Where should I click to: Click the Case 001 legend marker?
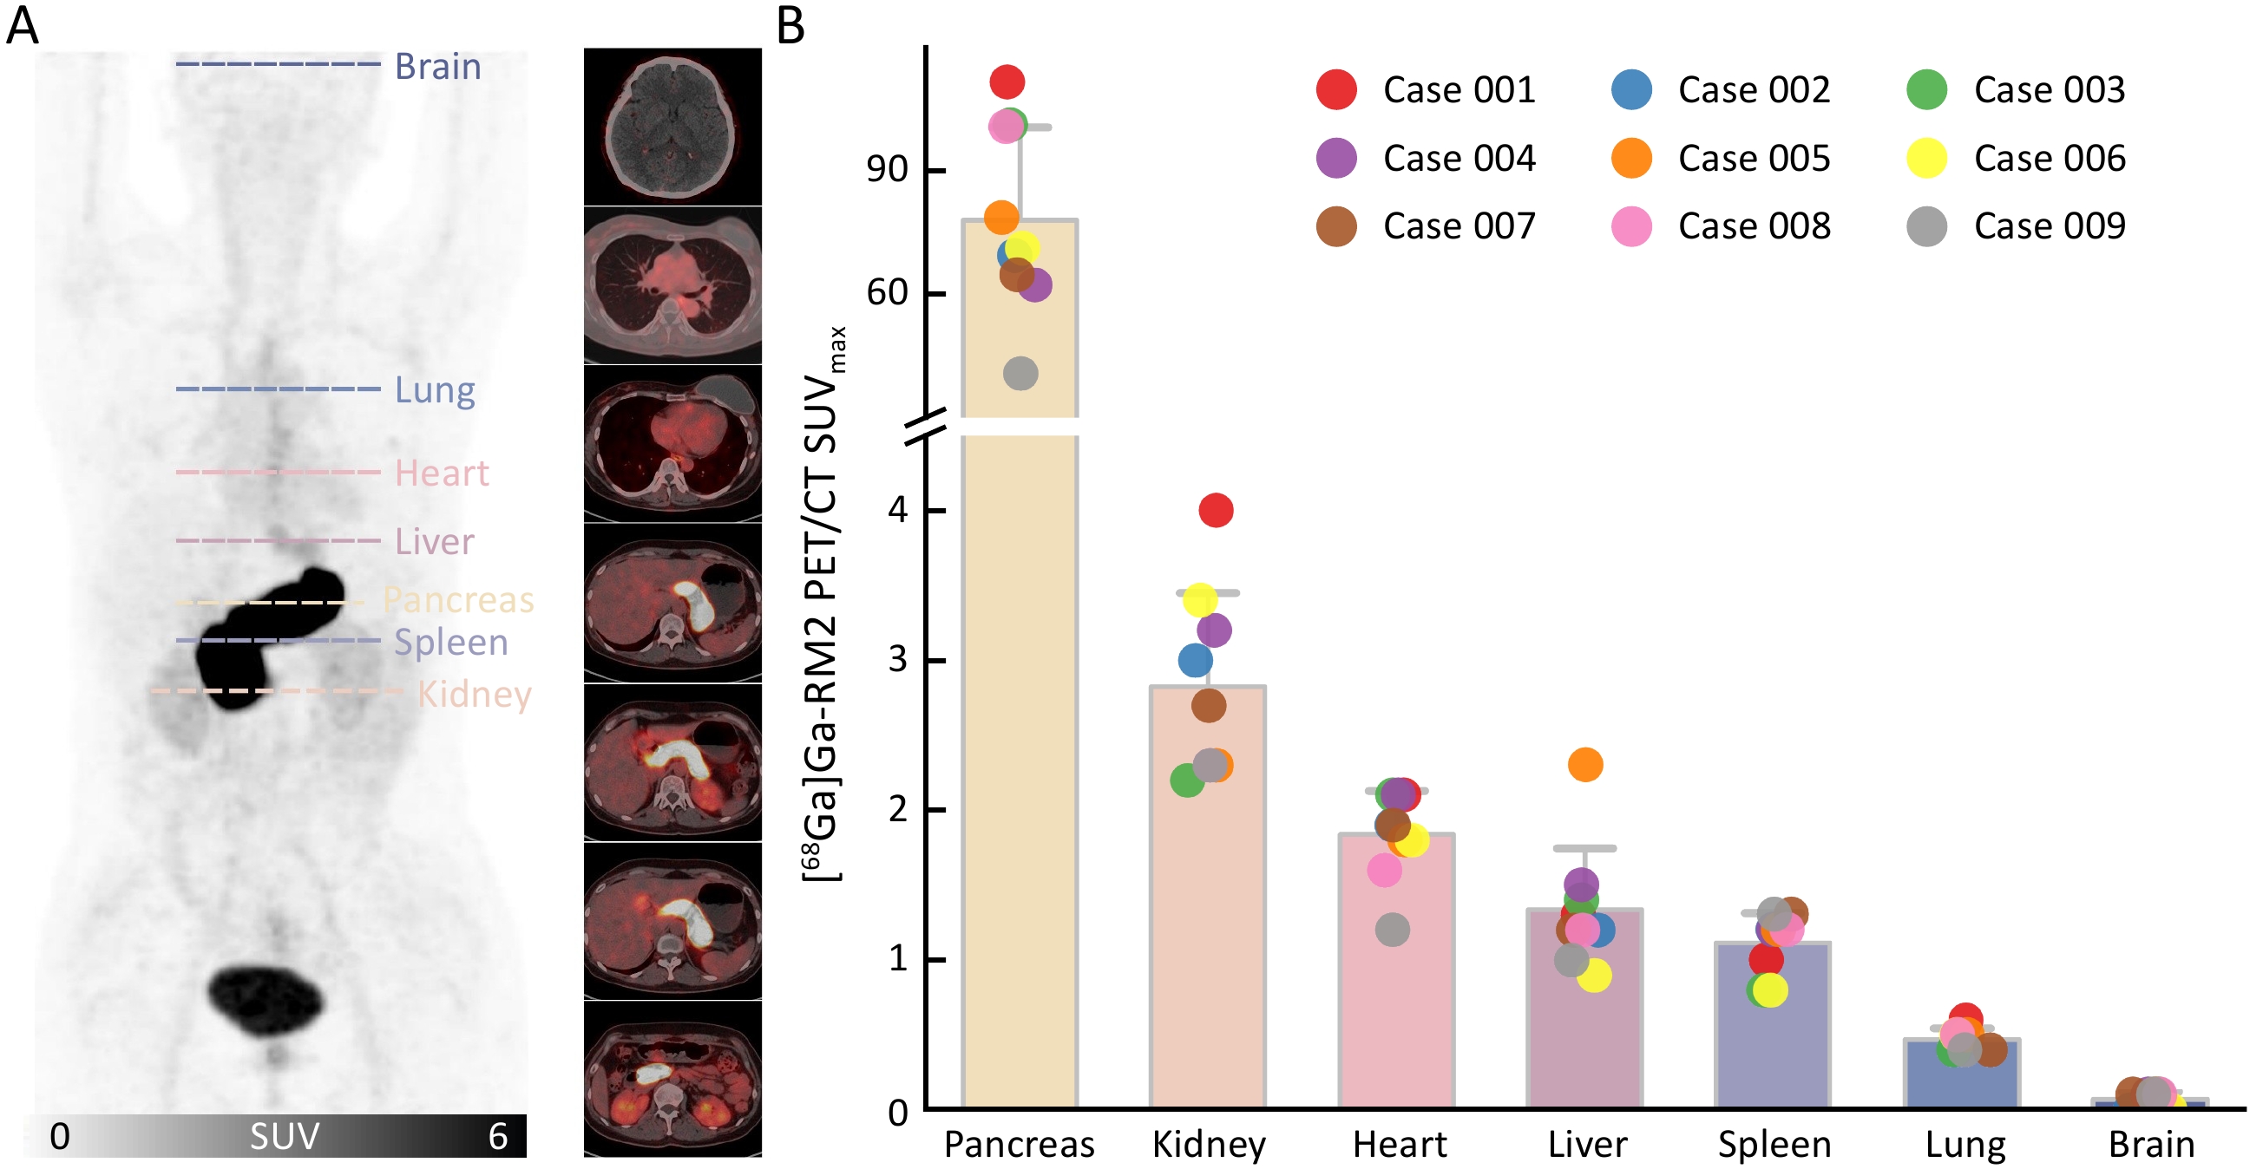pos(1335,89)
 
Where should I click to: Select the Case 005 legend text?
pos(1754,158)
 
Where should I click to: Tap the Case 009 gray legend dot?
pos(1925,226)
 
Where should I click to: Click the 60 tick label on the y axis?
pos(887,291)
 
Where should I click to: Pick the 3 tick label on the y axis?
pos(897,660)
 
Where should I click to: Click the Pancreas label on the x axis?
pos(1019,1145)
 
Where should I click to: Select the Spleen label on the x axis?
pos(1774,1145)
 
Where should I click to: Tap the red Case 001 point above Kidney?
pos(1216,509)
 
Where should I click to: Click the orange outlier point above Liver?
pos(1584,764)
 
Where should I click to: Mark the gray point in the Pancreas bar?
pos(1020,373)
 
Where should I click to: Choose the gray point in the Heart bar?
pos(1392,930)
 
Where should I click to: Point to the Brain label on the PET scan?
pos(437,67)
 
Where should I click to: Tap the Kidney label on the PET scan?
pos(475,694)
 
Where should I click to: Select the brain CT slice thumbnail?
pos(672,127)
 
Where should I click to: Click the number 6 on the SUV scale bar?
pos(497,1137)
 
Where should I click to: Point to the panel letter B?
pos(790,26)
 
